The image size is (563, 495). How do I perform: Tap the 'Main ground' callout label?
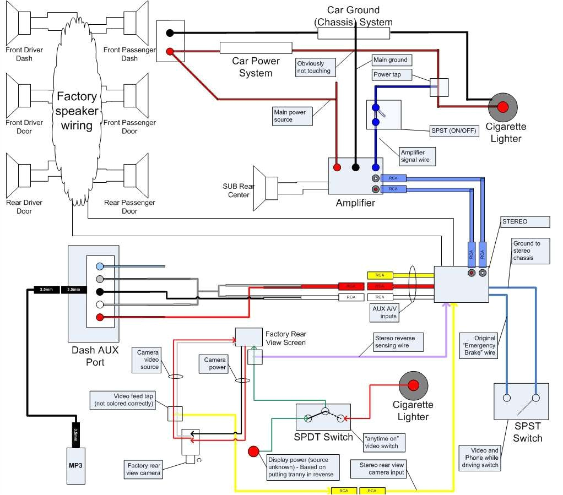point(392,60)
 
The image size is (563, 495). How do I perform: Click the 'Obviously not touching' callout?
point(315,67)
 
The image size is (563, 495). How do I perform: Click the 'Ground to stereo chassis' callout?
point(530,251)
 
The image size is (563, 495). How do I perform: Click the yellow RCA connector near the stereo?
point(380,275)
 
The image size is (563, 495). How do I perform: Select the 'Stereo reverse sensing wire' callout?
point(398,341)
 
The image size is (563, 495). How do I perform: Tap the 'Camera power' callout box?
point(215,363)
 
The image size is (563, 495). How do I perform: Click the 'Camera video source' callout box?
point(148,360)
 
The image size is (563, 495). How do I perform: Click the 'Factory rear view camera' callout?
point(143,469)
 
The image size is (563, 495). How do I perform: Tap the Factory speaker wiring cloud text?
point(77,111)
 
